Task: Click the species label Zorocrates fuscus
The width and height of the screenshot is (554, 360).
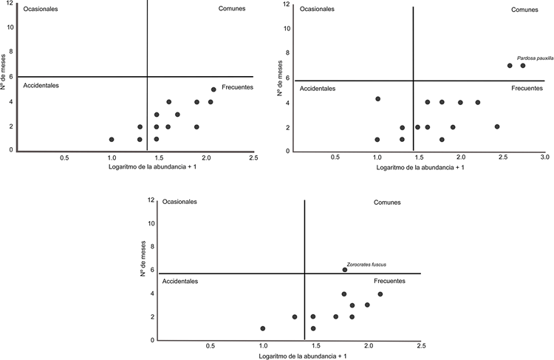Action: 366,264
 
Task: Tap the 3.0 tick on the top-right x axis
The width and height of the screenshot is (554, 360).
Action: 544,157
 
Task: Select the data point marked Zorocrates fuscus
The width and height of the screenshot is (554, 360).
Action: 345,270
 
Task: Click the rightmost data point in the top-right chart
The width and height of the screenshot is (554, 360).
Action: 523,66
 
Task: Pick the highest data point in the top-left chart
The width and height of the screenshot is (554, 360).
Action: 213,89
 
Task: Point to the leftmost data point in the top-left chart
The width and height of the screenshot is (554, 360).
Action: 112,139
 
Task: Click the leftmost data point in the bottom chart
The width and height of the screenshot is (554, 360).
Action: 263,328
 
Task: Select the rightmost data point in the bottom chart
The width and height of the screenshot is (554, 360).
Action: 380,294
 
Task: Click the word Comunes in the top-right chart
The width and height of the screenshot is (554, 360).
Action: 525,10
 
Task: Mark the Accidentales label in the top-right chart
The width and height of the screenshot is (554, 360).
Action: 317,89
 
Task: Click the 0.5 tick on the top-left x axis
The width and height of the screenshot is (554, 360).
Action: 64,157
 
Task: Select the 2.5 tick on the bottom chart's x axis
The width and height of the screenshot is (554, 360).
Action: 420,346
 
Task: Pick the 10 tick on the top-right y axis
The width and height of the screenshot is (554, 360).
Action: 287,29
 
